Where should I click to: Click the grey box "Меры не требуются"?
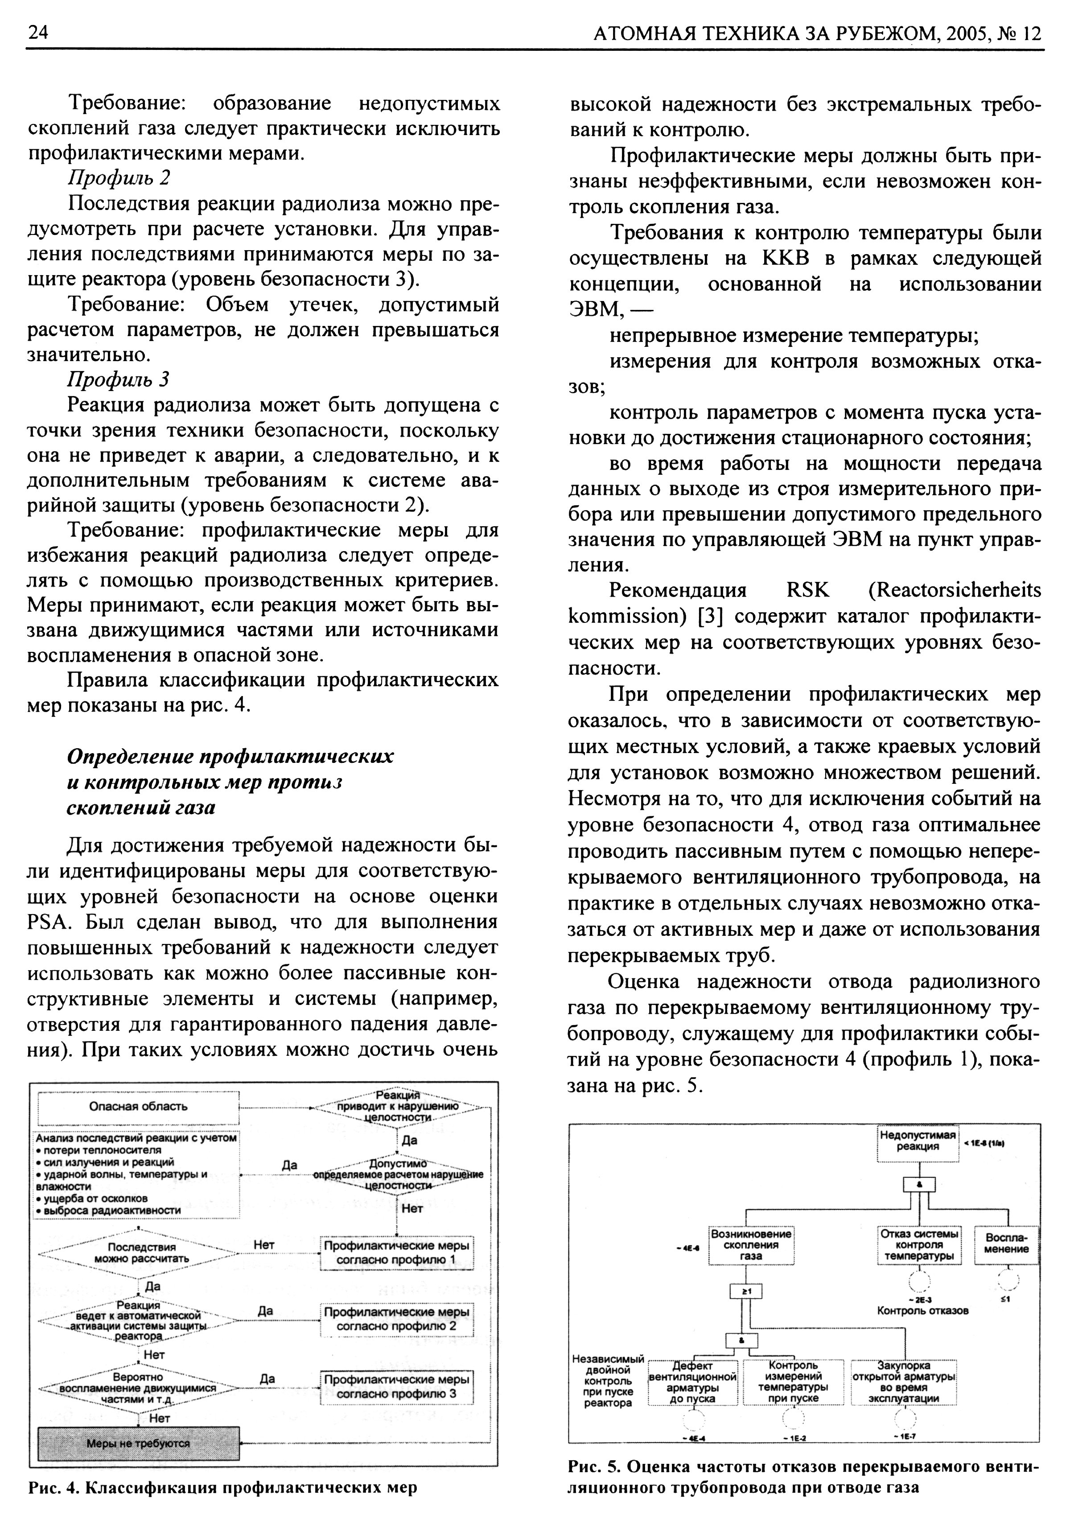138,1443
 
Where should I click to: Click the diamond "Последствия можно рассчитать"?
138,1253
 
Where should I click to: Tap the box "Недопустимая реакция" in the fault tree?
917,1141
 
